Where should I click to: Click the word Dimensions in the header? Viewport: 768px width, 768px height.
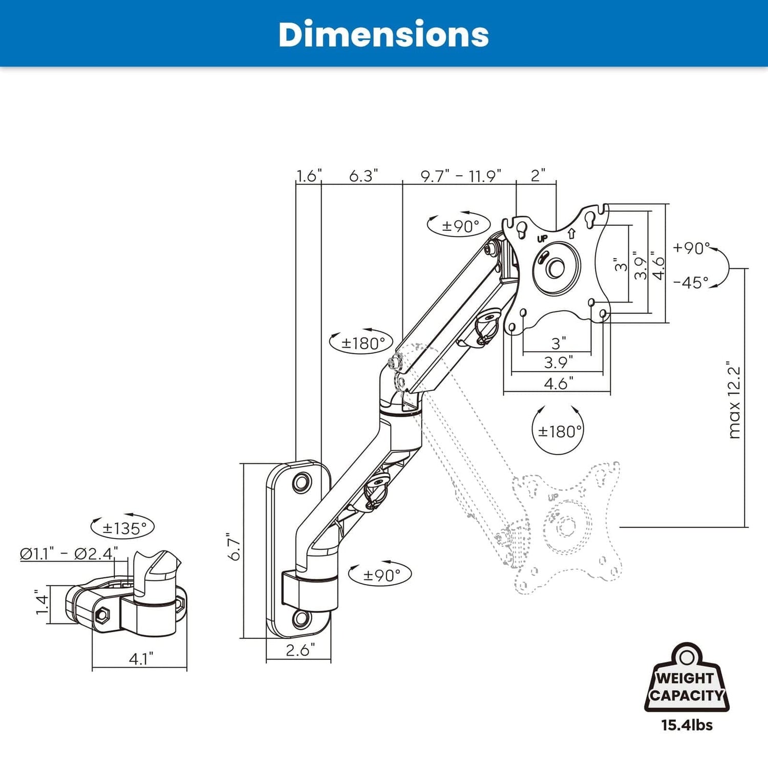383,35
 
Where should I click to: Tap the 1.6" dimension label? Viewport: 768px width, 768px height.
309,176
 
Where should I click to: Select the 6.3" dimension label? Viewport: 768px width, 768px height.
363,176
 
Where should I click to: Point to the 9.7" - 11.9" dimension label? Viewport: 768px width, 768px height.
460,176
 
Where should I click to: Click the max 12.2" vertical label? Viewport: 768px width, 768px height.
734,399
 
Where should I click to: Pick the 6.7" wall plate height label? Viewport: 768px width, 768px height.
234,547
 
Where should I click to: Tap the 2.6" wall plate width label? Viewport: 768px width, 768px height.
300,650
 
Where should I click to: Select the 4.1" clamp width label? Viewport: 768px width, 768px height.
140,658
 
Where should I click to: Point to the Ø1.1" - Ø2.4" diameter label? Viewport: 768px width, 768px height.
69,553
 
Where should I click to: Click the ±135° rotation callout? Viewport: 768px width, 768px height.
123,527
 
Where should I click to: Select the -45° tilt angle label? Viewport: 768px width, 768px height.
691,282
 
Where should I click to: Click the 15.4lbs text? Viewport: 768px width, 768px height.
687,725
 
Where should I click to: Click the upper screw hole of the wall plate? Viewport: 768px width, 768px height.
301,482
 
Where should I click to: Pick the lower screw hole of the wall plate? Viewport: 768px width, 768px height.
302,619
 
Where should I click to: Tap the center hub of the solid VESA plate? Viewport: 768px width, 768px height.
556,268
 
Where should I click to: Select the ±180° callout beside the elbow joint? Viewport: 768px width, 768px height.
361,343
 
